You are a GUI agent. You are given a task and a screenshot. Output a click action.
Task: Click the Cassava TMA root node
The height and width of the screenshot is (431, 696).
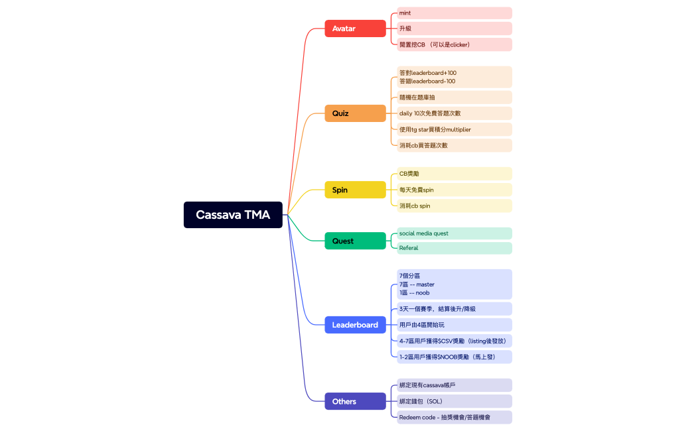pyautogui.click(x=233, y=215)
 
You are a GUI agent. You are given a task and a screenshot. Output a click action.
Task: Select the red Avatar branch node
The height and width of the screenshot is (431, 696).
pyautogui.click(x=355, y=29)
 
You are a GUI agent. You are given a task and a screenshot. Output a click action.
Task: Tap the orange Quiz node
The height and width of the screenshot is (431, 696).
pyautogui.click(x=355, y=113)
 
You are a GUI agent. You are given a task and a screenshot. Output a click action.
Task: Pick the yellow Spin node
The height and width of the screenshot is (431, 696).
pyautogui.click(x=355, y=190)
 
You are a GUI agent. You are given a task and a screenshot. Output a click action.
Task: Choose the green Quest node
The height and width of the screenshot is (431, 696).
pyautogui.click(x=355, y=241)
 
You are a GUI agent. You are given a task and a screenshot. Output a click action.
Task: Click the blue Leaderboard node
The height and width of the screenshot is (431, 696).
pyautogui.click(x=355, y=325)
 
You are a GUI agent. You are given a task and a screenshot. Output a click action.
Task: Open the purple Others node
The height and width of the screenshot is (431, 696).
pyautogui.click(x=355, y=401)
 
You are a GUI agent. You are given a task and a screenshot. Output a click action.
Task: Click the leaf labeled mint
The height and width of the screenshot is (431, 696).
pyautogui.click(x=454, y=13)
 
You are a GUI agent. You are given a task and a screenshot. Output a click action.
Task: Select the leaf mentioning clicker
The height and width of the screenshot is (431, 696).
pyautogui.click(x=454, y=44)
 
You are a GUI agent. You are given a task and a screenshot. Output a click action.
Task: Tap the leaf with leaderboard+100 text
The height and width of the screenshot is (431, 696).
pyautogui.click(x=454, y=77)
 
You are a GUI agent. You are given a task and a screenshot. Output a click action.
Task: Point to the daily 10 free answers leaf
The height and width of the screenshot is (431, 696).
pyautogui.click(x=454, y=113)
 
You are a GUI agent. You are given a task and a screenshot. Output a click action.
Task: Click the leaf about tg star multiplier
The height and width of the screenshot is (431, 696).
pyautogui.click(x=454, y=129)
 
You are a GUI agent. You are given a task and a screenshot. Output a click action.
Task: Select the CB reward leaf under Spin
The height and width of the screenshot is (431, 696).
pyautogui.click(x=454, y=174)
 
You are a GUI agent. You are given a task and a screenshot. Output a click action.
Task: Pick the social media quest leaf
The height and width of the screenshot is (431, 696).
pyautogui.click(x=454, y=233)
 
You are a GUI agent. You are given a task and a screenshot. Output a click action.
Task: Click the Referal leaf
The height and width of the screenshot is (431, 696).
pyautogui.click(x=454, y=248)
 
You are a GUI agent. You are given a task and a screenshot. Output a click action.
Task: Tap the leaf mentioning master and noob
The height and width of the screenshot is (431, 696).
pyautogui.click(x=454, y=284)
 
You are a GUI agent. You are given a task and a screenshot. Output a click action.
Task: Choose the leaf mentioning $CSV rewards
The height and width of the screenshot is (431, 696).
pyautogui.click(x=454, y=341)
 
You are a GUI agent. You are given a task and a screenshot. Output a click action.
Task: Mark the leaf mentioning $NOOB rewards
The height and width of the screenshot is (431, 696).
pyautogui.click(x=454, y=357)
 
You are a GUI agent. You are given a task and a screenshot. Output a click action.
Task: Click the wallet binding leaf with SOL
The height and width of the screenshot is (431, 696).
pyautogui.click(x=454, y=401)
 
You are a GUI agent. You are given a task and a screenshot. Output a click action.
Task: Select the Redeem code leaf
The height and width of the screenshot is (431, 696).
pyautogui.click(x=454, y=417)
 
